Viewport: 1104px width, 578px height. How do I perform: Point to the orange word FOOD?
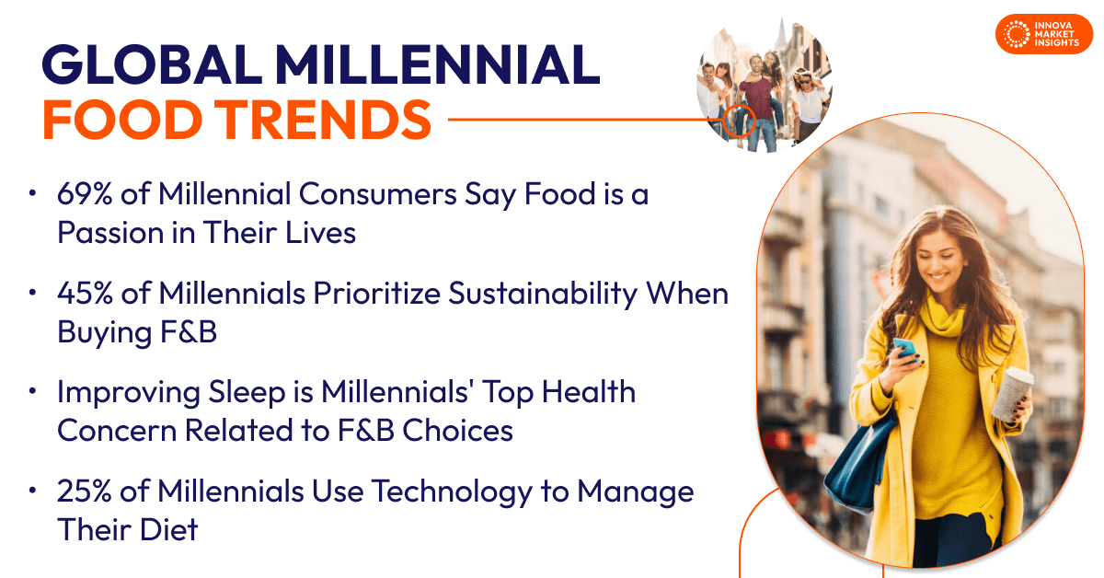tap(116, 119)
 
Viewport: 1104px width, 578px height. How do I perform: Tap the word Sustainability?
tap(543, 295)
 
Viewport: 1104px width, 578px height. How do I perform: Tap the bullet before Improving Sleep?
tap(33, 392)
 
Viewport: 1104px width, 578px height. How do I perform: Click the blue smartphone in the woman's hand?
tap(903, 349)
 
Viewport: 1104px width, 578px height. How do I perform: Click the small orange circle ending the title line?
tap(737, 120)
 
